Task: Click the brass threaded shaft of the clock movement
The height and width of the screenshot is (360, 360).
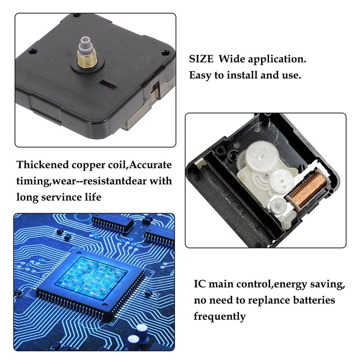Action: (x=87, y=59)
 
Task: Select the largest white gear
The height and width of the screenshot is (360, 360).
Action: (x=262, y=156)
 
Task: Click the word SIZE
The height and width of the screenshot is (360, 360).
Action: (x=201, y=59)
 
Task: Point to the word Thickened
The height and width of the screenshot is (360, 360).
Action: (x=43, y=165)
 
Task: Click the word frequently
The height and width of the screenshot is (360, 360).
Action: (x=220, y=317)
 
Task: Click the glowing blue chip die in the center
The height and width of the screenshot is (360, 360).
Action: (x=91, y=278)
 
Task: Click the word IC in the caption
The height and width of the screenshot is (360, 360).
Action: (x=200, y=284)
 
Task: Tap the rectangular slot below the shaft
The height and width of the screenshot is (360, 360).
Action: (x=108, y=85)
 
